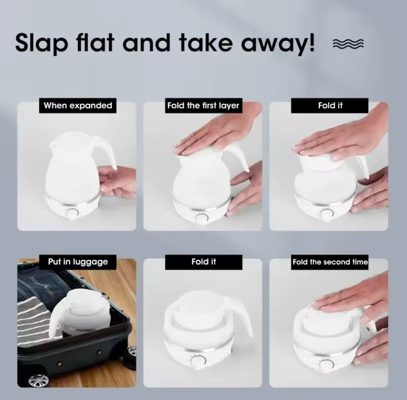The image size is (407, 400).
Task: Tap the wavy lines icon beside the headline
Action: [348, 44]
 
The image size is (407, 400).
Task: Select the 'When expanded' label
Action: [78, 105]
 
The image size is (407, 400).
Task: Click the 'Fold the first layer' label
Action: [203, 105]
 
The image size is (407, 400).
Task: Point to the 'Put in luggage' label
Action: [78, 262]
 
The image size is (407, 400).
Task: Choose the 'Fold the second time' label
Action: [330, 262]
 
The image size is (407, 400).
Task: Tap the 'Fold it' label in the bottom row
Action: [203, 262]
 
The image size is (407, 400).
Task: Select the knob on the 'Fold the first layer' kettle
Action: [201, 218]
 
